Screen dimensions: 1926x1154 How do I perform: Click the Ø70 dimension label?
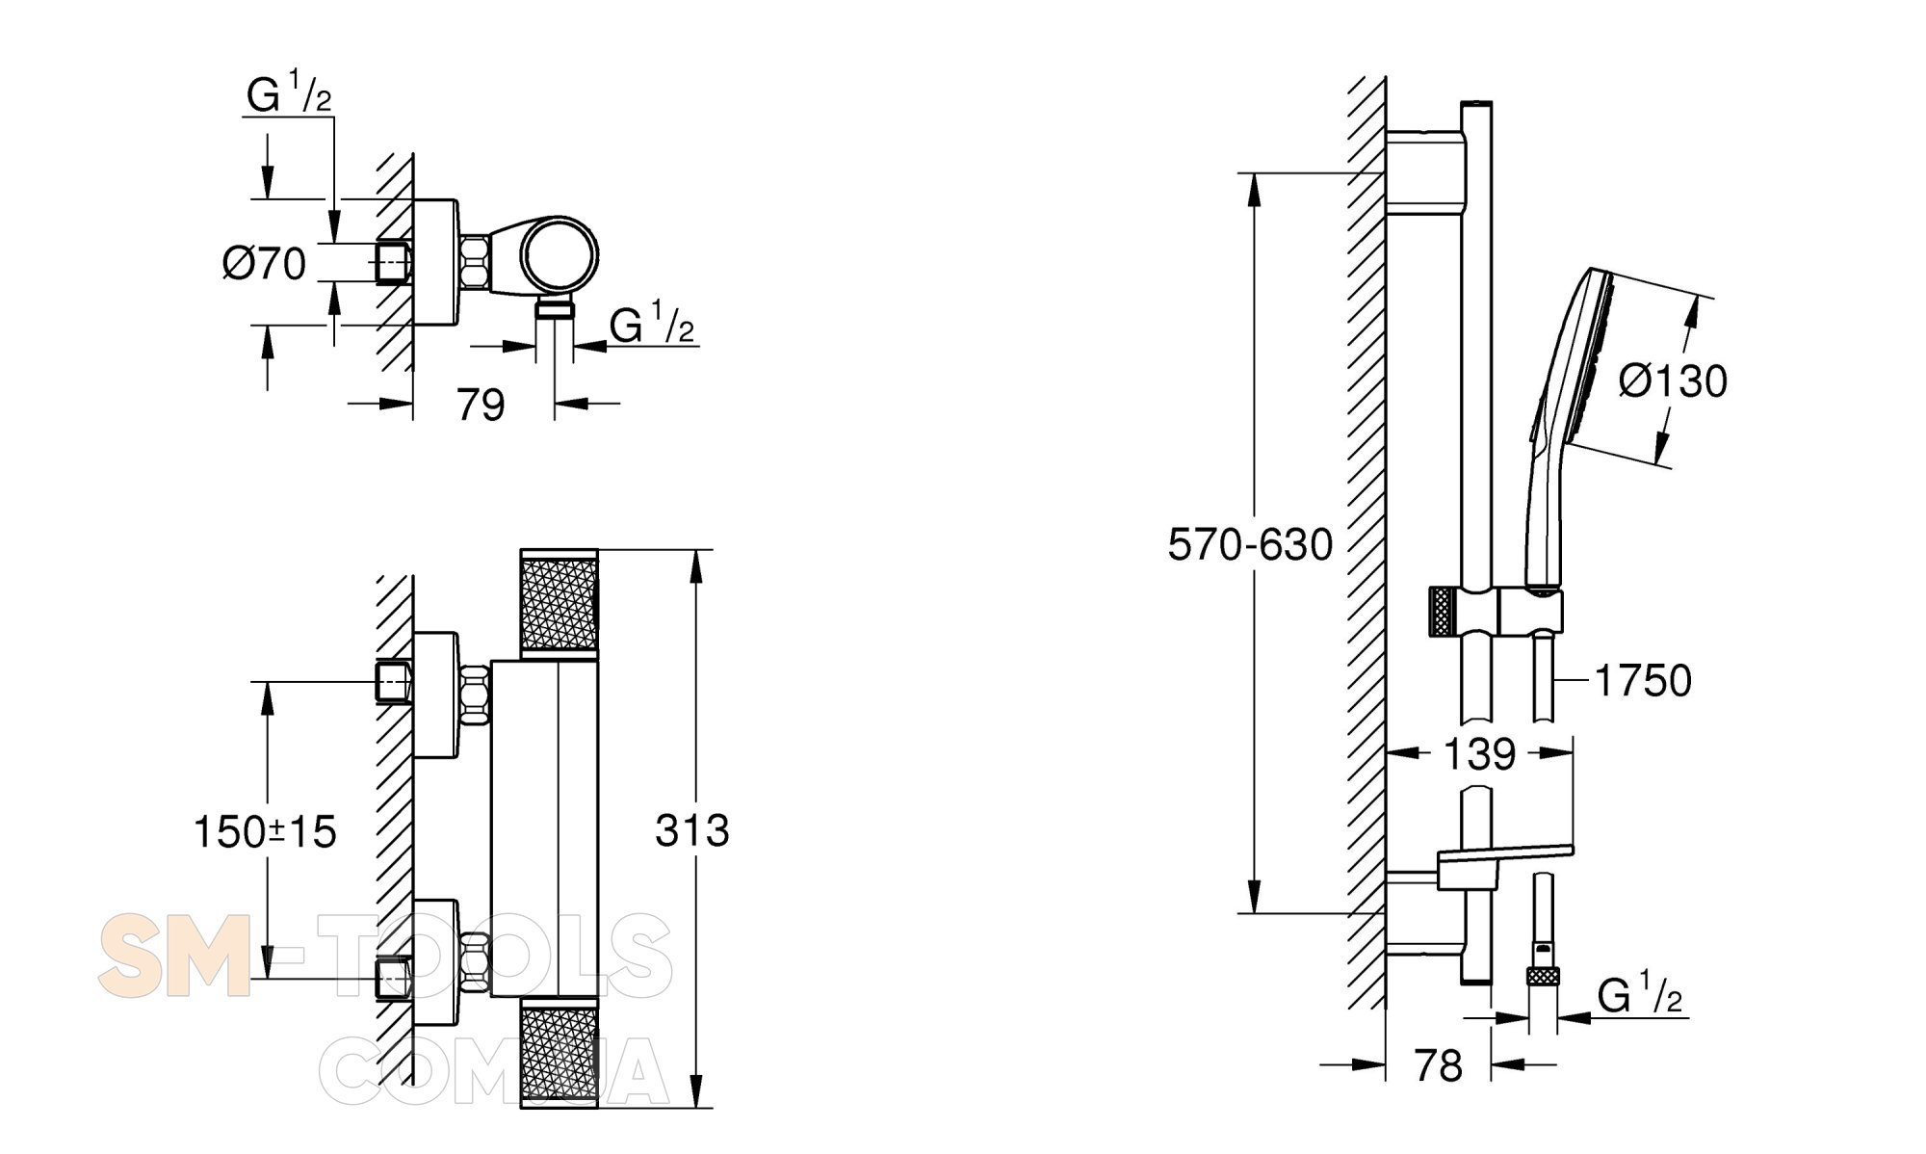[x=264, y=264]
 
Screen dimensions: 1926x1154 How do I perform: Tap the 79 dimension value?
[x=481, y=406]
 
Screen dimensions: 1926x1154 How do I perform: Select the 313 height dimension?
[x=692, y=830]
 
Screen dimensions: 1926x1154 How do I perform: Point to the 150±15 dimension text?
[x=265, y=832]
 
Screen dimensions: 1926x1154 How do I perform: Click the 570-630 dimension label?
[x=1250, y=545]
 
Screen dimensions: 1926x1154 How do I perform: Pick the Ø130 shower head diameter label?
[x=1673, y=381]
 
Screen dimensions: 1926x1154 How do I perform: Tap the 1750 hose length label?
[x=1643, y=681]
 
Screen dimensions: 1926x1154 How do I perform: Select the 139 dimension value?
[x=1479, y=754]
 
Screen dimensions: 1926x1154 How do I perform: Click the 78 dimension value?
[x=1438, y=1066]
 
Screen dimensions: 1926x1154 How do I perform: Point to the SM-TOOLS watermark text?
[x=385, y=957]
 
